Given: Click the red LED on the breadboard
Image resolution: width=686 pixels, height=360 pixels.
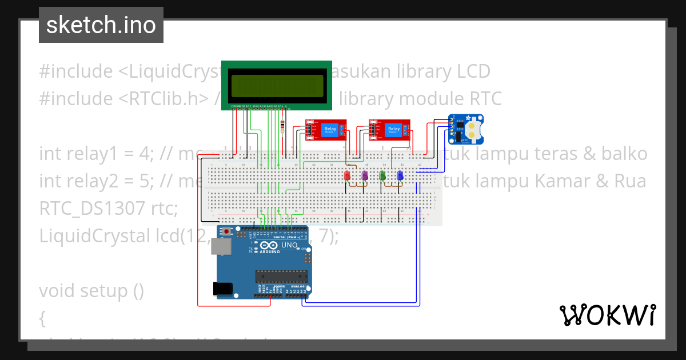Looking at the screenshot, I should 347,177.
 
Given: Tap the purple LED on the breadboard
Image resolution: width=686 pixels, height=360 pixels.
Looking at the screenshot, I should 364,177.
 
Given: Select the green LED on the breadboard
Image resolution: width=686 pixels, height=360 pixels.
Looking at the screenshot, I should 382,176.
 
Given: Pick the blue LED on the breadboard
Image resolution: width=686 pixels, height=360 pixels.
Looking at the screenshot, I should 400,176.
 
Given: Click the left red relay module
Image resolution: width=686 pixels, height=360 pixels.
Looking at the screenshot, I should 325,130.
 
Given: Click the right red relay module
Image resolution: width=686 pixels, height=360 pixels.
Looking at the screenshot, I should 390,130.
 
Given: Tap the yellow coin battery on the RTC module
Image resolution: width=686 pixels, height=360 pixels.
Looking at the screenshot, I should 475,129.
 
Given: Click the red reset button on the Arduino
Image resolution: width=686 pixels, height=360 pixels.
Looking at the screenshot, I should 228,231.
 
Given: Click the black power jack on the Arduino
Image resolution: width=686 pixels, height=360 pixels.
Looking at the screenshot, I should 224,289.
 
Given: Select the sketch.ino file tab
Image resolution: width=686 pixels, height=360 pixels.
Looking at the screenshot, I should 101,25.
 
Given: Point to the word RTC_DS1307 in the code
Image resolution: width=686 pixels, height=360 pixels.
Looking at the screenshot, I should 92,209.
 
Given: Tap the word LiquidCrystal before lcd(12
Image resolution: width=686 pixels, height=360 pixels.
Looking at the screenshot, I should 92,235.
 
